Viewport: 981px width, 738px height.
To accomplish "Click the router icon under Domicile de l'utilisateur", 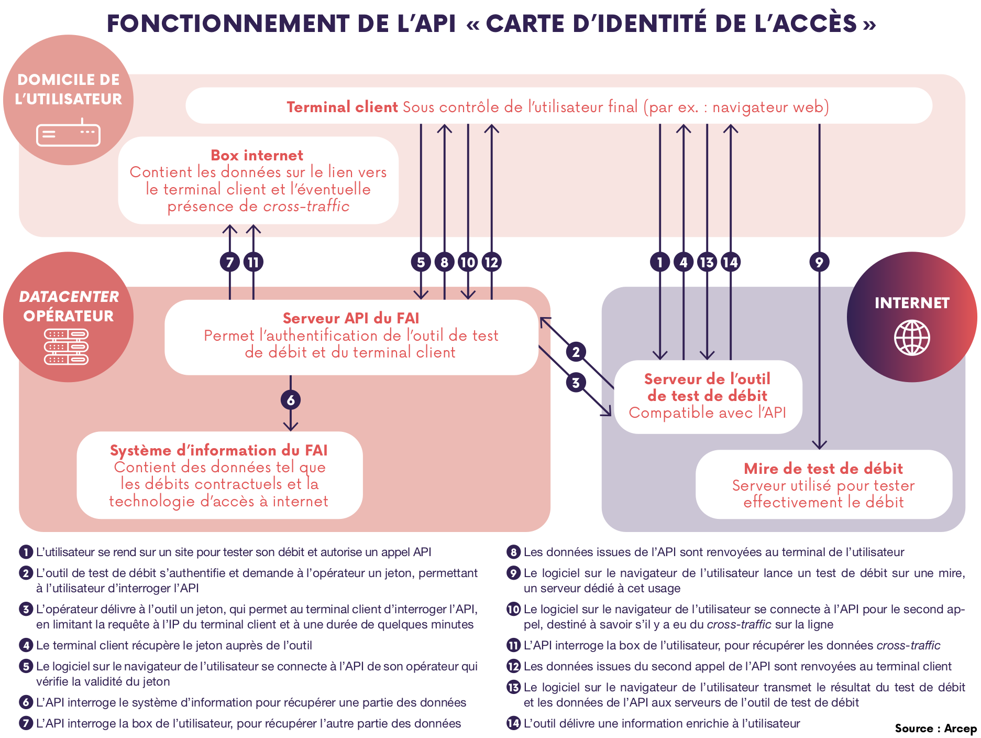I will pyautogui.click(x=68, y=134).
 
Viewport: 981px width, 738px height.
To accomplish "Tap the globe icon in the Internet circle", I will pyautogui.click(x=912, y=338).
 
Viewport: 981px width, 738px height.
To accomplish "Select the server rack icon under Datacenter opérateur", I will pyautogui.click(x=67, y=346).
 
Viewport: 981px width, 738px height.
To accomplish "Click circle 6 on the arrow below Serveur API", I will pyautogui.click(x=291, y=400).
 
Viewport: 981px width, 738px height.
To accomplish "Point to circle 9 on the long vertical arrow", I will pyautogui.click(x=819, y=262).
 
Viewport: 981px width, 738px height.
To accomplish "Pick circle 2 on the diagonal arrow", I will pyautogui.click(x=576, y=352).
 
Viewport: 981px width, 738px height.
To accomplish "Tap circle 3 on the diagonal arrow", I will pyautogui.click(x=576, y=383).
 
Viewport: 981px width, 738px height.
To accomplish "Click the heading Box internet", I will pyautogui.click(x=257, y=155).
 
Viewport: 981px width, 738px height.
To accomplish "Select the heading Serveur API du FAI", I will pyautogui.click(x=351, y=318).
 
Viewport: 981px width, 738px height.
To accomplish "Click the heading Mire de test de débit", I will pyautogui.click(x=823, y=468).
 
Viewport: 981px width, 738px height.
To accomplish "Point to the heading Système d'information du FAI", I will pyautogui.click(x=218, y=450).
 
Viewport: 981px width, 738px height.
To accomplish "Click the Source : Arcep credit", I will pyautogui.click(x=935, y=728).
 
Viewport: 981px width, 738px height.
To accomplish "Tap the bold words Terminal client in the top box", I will pyautogui.click(x=342, y=107).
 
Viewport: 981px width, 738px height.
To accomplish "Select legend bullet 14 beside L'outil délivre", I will pyautogui.click(x=513, y=723).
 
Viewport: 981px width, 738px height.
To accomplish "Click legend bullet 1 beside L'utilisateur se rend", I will pyautogui.click(x=26, y=552).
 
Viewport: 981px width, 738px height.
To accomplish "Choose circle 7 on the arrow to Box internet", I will pyautogui.click(x=230, y=262).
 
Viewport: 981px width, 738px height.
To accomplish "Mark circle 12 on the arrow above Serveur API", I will pyautogui.click(x=491, y=262).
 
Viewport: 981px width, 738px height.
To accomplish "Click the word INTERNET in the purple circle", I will pyautogui.click(x=912, y=303).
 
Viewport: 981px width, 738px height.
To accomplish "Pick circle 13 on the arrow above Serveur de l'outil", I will pyautogui.click(x=707, y=262).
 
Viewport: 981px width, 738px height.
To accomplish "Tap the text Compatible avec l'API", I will pyautogui.click(x=708, y=413).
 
